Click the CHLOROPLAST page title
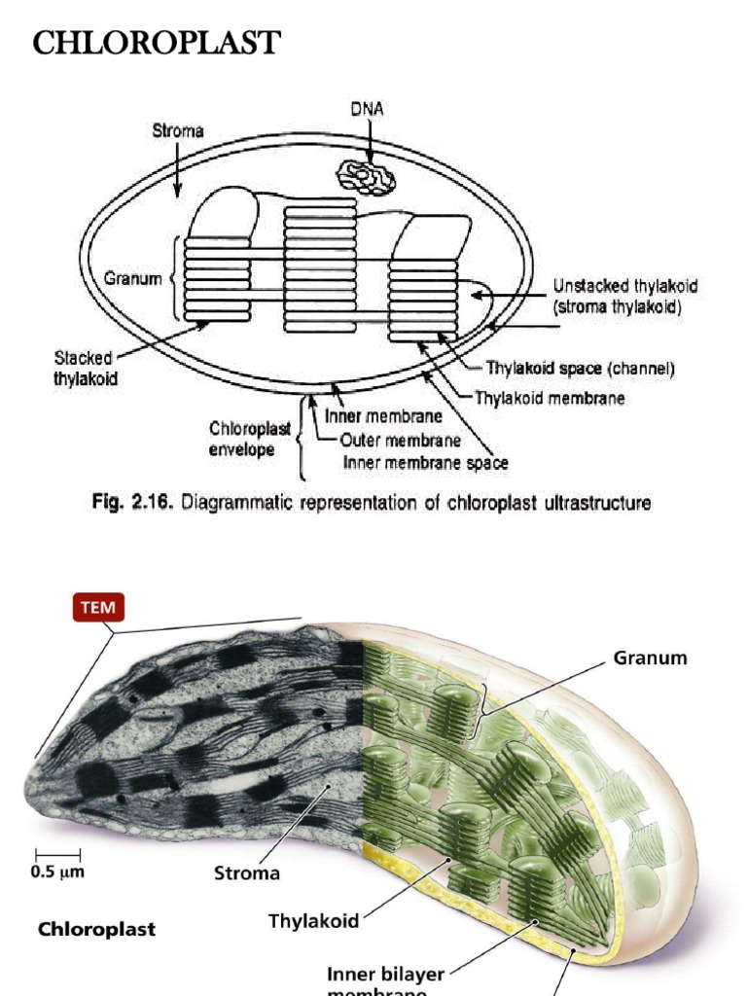coord(157,44)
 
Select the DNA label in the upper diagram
coord(367,110)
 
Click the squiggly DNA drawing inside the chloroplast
coord(366,176)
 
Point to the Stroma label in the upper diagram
coord(177,130)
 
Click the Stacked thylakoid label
coord(85,369)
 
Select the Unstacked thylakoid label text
coord(625,287)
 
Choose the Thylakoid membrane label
coord(550,398)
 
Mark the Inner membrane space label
coord(425,463)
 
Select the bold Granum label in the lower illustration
coord(650,658)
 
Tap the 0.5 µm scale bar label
coord(57,871)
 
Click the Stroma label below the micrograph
coord(247,872)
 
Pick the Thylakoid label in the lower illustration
coord(314,920)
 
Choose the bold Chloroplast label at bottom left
coord(96,929)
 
